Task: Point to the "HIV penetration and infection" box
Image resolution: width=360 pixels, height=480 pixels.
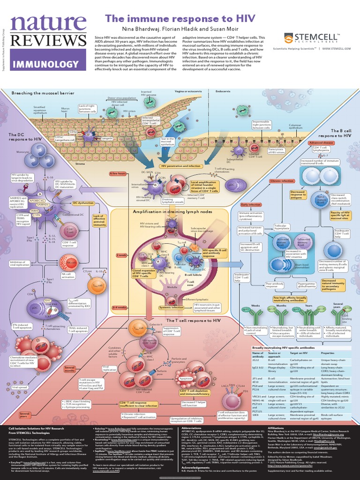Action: pos(181,166)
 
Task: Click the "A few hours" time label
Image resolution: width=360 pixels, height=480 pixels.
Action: pos(118,173)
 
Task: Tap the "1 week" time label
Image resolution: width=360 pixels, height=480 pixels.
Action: pos(121,255)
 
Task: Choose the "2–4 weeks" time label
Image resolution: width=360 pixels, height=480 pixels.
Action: pos(120,307)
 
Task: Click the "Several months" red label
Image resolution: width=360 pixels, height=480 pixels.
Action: pos(70,369)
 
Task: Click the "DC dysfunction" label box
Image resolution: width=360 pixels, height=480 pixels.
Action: pos(83,203)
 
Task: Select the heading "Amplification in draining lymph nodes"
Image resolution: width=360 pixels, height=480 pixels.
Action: pos(172,212)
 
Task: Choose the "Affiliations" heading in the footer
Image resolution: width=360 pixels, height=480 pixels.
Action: pos(275,428)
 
